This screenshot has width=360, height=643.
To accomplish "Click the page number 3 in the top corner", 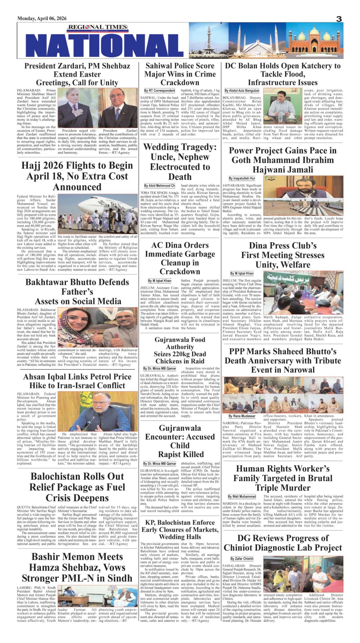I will [x=339, y=19].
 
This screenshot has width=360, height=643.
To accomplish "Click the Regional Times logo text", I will [x=93, y=27].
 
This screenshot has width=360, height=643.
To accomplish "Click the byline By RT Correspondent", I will [x=160, y=91].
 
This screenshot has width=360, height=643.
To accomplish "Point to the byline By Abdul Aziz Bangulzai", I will [x=242, y=91].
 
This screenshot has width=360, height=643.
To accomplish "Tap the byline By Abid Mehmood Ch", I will [x=160, y=186].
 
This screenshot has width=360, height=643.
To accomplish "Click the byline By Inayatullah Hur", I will [x=242, y=178].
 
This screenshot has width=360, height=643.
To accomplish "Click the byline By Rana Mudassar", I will [x=242, y=416].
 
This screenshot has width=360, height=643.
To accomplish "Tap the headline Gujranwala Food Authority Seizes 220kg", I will [x=180, y=350].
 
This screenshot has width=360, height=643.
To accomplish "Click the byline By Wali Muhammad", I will [x=242, y=496].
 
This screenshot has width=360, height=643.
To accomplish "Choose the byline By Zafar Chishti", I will [x=242, y=558].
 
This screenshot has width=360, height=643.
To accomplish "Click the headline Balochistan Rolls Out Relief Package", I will [x=77, y=487].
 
